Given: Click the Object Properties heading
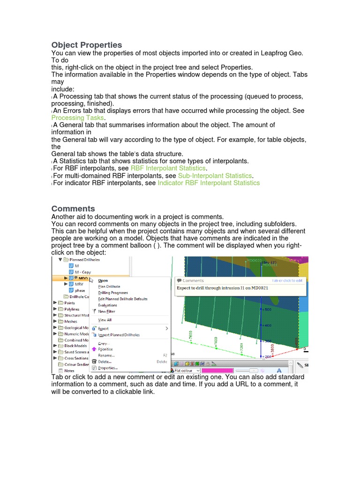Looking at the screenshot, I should coord(87,45).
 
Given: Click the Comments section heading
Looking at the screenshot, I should coord(73,209).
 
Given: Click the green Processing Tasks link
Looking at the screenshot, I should coord(77,118).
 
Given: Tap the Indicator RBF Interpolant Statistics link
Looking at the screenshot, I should coord(209,183).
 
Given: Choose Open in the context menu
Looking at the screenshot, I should coord(103,281).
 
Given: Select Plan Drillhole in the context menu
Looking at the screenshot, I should coord(109,287).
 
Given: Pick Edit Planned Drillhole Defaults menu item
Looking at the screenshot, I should coord(123,299).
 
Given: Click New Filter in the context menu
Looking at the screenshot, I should coord(106,311).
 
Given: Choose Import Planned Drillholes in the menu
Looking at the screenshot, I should coord(119,335).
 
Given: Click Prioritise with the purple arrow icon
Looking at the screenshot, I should coord(105,349).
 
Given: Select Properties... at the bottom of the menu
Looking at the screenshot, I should coord(108,368).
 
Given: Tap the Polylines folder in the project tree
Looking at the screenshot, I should coord(72,309).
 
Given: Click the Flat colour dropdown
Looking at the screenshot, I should coord(187,371).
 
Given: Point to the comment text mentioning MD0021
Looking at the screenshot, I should coord(222,288).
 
